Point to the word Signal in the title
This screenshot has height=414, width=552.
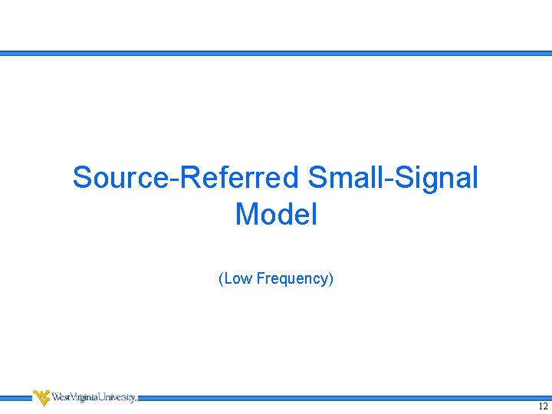pyautogui.click(x=439, y=178)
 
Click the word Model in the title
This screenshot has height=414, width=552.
pyautogui.click(x=276, y=214)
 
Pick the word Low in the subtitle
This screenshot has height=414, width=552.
pyautogui.click(x=238, y=278)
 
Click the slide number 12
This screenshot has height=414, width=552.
pyautogui.click(x=543, y=406)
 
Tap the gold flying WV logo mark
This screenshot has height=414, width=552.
pyautogui.click(x=41, y=397)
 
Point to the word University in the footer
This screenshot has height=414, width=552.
pyautogui.click(x=116, y=397)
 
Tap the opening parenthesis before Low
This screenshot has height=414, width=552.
pyautogui.click(x=221, y=278)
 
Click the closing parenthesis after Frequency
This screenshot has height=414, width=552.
pyautogui.click(x=331, y=278)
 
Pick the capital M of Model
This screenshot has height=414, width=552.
pyautogui.click(x=247, y=214)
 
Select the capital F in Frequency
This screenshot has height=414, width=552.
pyautogui.click(x=261, y=278)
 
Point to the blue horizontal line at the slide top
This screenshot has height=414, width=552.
pyautogui.click(x=276, y=54)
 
